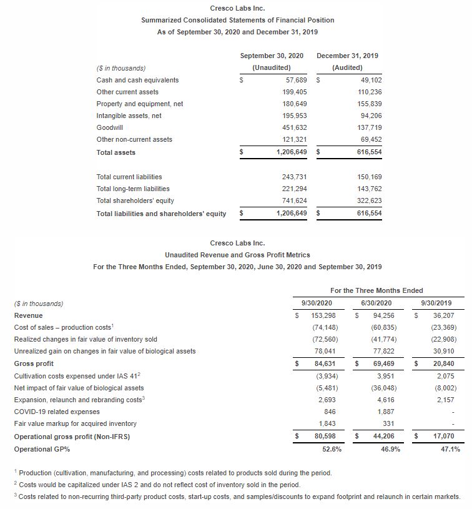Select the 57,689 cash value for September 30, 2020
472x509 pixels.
coord(295,80)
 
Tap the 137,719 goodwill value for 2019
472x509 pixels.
coord(369,127)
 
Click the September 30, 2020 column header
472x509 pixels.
coord(272,56)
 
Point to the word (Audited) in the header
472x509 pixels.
coord(347,67)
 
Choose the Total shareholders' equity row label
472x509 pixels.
coord(135,200)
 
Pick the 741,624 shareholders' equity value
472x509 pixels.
coord(294,200)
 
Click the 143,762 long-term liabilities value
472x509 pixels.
coord(369,189)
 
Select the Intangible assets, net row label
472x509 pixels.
coord(129,116)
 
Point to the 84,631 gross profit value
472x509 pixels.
coord(322,363)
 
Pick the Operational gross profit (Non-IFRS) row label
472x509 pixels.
coord(72,436)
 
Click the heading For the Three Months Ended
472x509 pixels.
coord(376,290)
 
